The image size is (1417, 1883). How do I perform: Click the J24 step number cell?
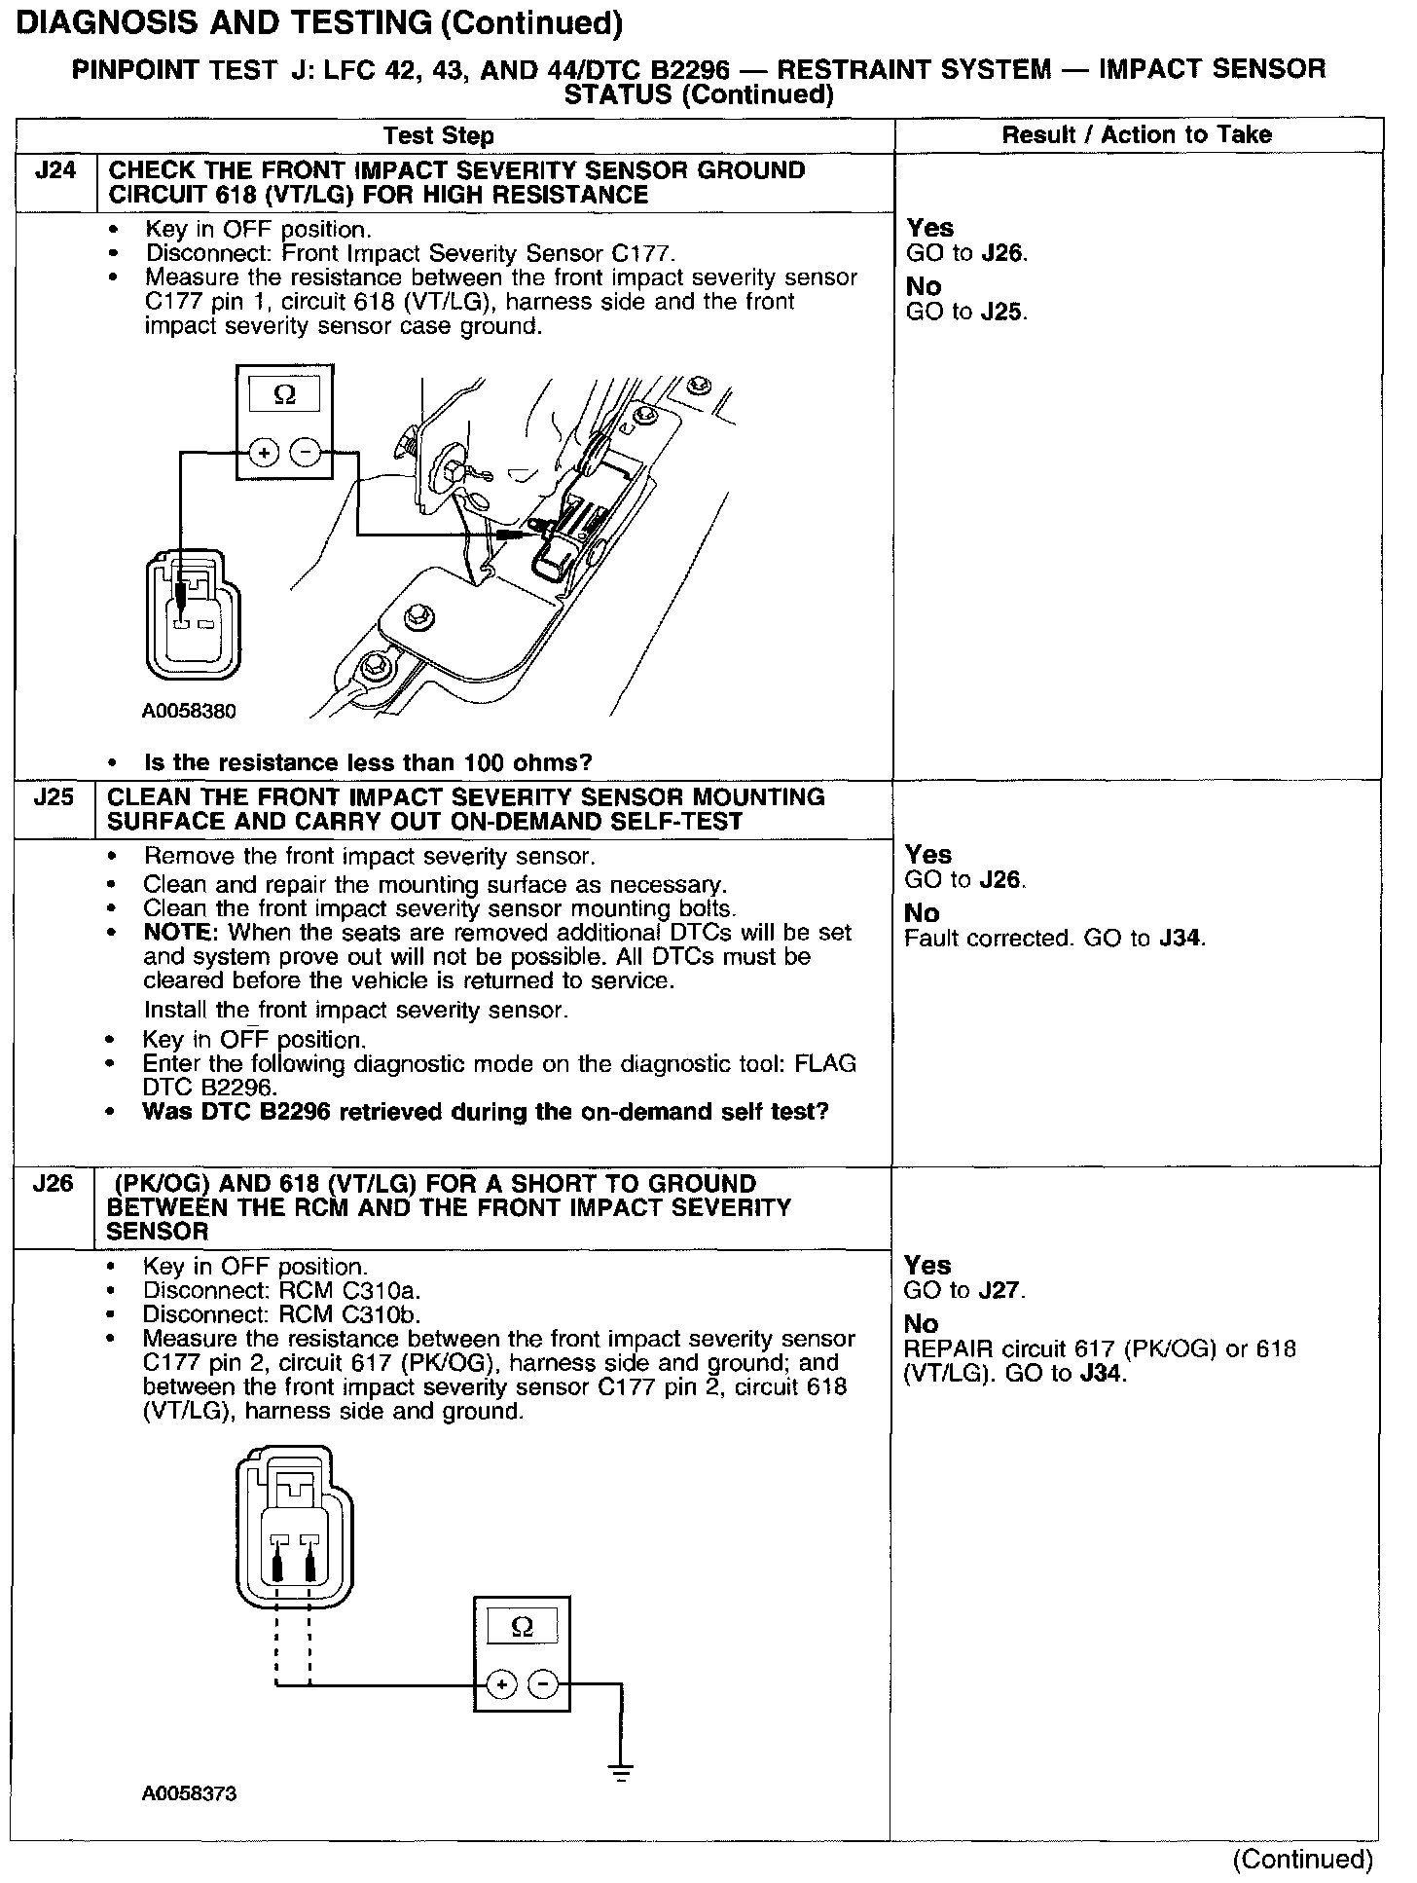[x=54, y=171]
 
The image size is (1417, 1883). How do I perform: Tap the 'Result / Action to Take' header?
[x=1137, y=134]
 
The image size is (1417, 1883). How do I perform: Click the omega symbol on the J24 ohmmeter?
[x=284, y=394]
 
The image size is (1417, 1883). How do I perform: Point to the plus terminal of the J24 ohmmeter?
[x=264, y=452]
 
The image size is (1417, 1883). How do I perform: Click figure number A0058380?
[x=189, y=711]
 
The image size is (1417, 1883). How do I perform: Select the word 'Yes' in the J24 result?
[x=929, y=228]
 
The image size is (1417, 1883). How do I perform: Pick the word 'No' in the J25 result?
[x=922, y=913]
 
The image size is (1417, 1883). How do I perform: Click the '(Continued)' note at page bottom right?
[x=1302, y=1860]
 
